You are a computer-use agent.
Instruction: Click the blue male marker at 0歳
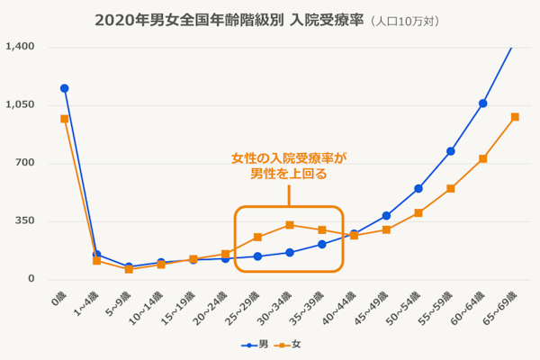[x=64, y=88]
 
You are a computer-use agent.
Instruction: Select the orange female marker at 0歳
[x=64, y=119]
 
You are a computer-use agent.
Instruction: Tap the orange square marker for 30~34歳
[x=290, y=225]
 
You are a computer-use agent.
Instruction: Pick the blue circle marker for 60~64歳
[x=483, y=103]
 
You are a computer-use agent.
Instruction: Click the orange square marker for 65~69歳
[x=515, y=117]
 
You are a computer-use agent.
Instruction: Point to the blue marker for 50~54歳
[x=418, y=189]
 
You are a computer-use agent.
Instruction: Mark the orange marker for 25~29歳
[x=257, y=237]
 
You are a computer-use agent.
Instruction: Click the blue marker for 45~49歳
[x=386, y=216]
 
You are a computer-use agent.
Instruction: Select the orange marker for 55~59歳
[x=451, y=188]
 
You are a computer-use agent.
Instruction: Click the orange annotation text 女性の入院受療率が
[x=289, y=157]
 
